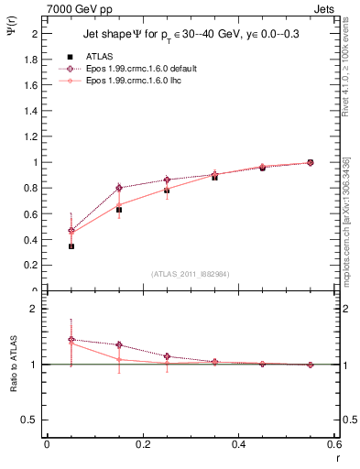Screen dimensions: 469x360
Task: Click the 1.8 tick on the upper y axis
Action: (x=33, y=60)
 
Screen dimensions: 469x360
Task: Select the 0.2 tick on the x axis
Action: (x=142, y=444)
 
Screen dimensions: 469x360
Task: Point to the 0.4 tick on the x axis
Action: (x=239, y=444)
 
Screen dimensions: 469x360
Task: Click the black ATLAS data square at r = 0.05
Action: (x=71, y=246)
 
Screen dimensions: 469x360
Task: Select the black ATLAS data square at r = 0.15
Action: (x=119, y=210)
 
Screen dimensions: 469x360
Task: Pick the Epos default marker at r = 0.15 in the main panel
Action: (x=119, y=188)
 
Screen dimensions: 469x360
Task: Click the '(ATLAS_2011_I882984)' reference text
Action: (x=190, y=274)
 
